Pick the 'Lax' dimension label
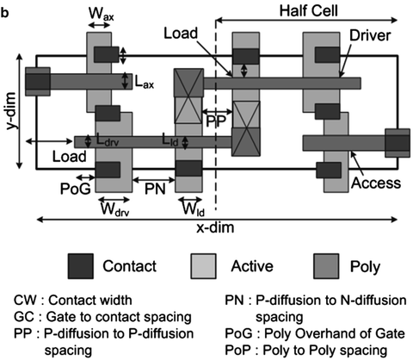click(x=144, y=82)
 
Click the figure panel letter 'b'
click(x=7, y=8)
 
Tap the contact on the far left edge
click(x=38, y=82)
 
